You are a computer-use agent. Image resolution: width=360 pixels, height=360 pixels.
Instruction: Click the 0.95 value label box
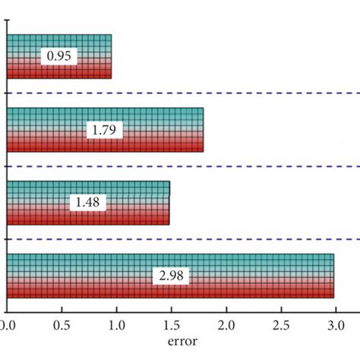click(60, 57)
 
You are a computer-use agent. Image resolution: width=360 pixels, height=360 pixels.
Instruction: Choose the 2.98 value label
click(172, 276)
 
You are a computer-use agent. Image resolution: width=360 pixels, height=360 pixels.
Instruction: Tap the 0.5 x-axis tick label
click(62, 326)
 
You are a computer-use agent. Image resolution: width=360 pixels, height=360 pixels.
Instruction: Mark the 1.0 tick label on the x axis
click(116, 326)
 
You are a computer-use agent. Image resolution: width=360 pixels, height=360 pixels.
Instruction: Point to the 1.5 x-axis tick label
click(171, 326)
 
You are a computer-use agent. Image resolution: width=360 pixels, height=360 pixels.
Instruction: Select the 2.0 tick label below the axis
click(226, 326)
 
